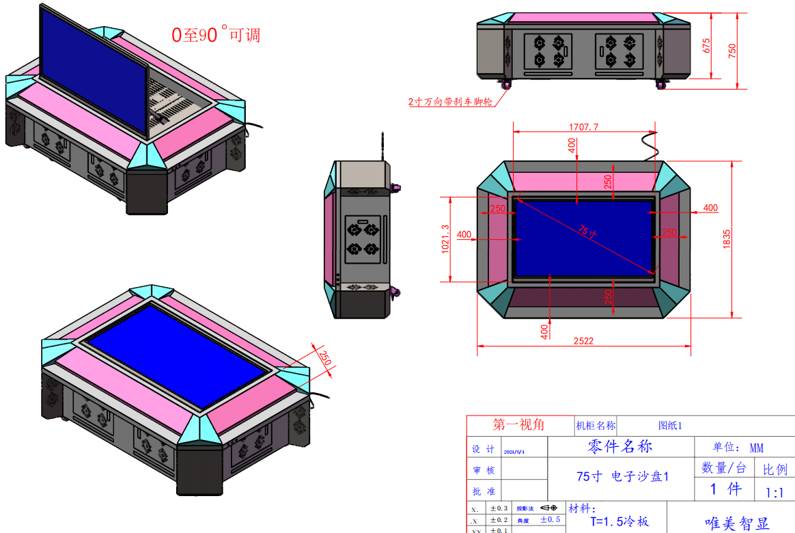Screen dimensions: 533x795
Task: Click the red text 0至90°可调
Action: pos(215,33)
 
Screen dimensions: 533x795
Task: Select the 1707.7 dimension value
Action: pos(583,126)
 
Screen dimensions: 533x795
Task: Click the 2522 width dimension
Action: pos(583,340)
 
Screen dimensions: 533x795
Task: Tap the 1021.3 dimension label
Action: pos(446,239)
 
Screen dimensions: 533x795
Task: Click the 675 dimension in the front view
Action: pos(707,45)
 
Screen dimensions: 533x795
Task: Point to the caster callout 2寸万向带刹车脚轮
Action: pos(450,102)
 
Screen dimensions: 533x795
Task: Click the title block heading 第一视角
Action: pos(519,424)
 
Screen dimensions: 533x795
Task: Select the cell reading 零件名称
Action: pos(620,446)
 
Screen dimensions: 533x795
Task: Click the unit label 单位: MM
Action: pos(738,448)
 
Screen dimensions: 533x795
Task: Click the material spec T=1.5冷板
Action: pos(615,521)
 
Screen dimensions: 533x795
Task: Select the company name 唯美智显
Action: pos(737,523)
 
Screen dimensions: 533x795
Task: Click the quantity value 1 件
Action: pos(725,489)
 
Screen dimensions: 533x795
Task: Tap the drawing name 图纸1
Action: pos(670,426)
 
